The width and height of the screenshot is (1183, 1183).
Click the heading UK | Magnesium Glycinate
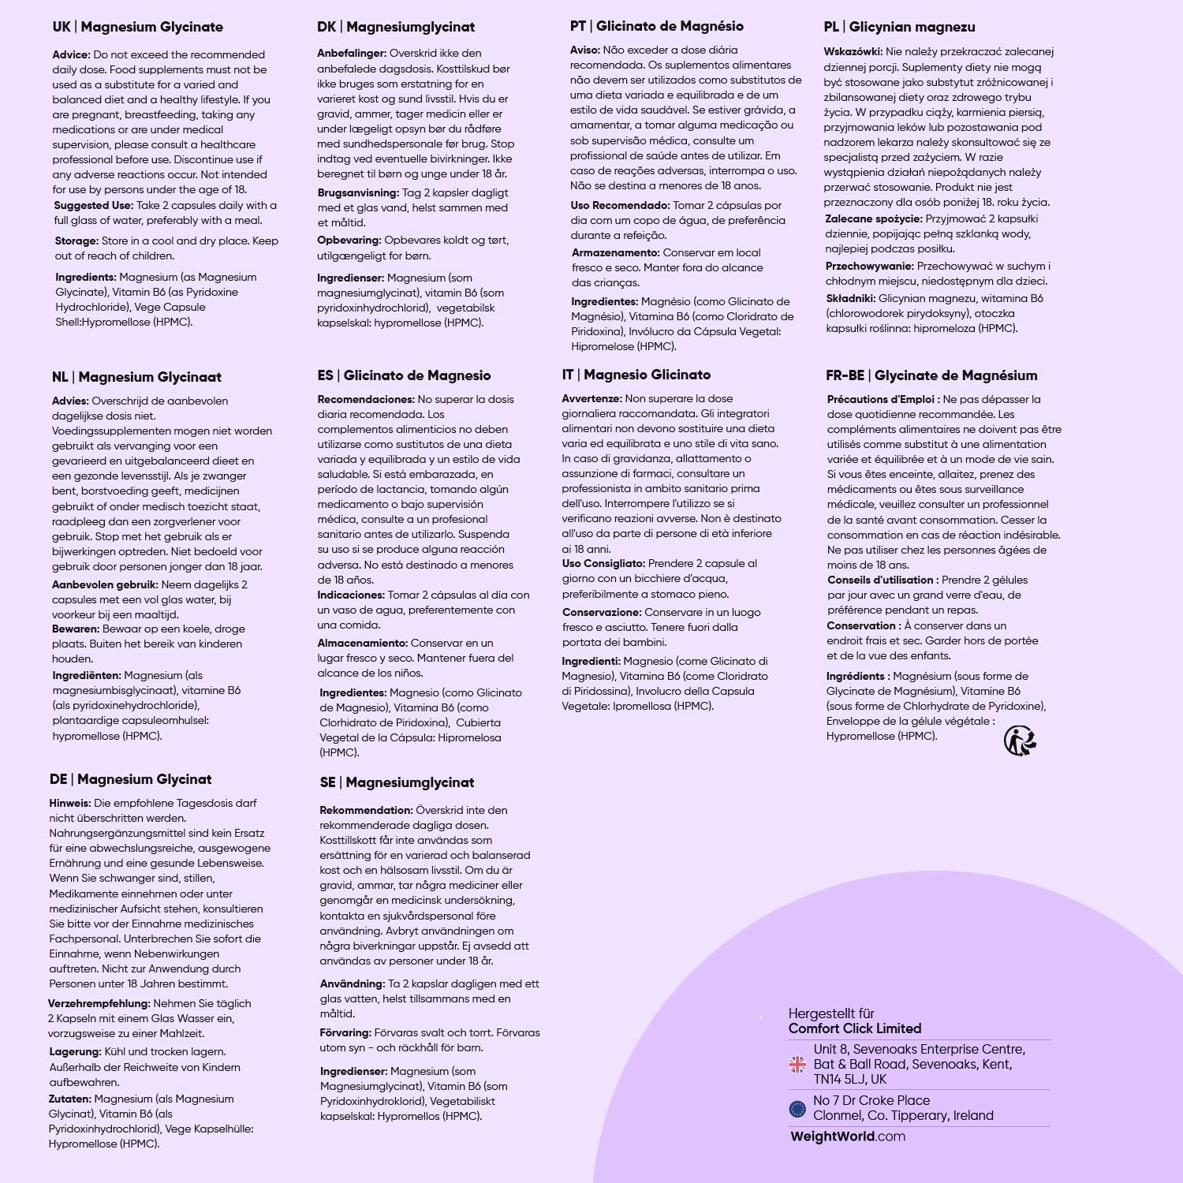137,27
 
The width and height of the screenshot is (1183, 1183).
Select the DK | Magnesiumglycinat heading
396,27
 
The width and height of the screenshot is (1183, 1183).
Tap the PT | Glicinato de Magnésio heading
656,26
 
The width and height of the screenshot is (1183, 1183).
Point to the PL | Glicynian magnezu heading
899,27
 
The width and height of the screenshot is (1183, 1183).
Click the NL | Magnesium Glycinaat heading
136,377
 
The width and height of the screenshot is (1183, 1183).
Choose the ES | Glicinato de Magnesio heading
404,375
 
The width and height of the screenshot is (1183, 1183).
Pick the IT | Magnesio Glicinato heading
636,375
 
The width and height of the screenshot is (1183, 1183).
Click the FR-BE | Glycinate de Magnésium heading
931,375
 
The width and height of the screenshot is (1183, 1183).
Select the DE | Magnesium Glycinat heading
130,779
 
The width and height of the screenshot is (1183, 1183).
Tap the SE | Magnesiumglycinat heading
397,782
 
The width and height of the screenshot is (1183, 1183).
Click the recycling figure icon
1020,741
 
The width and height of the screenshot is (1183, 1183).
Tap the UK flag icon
797,1065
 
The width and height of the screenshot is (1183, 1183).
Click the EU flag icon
797,1109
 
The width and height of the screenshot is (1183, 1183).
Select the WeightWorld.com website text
848,1136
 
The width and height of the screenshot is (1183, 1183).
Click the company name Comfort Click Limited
855,1028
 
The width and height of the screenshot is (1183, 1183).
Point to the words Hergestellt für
831,1013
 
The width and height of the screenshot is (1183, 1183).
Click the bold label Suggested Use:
93,206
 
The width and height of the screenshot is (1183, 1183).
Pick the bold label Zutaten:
69,1099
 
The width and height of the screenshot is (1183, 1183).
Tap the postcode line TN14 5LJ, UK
850,1079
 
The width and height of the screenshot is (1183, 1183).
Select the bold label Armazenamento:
615,253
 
